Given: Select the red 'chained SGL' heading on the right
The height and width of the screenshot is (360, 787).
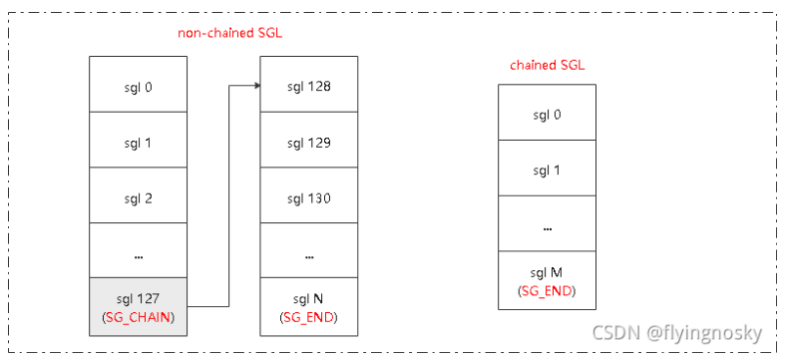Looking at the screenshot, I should click(x=548, y=66).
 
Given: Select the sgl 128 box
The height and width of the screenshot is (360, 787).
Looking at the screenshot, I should click(x=309, y=87).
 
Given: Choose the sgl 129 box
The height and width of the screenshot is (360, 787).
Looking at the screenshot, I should click(x=309, y=143).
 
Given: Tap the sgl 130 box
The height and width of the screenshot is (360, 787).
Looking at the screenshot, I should click(x=309, y=198).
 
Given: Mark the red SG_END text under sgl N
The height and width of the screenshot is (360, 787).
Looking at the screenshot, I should click(x=309, y=317).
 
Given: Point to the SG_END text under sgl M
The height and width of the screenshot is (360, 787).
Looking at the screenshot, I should click(x=547, y=290).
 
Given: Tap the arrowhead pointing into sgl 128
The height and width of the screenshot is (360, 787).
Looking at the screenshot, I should click(x=254, y=87).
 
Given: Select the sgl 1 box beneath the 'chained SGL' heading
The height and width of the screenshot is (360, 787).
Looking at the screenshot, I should click(x=547, y=169).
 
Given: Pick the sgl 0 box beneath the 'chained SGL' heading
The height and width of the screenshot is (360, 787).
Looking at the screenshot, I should click(x=547, y=114).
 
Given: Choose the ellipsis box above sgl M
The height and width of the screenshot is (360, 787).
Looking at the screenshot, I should click(x=547, y=224).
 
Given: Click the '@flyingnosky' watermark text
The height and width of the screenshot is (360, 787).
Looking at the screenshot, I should click(x=703, y=331).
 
